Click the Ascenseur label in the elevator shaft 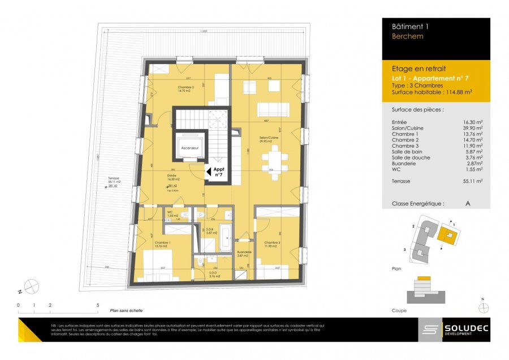coord(189,148)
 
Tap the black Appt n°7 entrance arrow coord(208,170)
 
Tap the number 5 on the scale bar coord(98,305)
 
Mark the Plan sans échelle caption coord(127,310)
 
